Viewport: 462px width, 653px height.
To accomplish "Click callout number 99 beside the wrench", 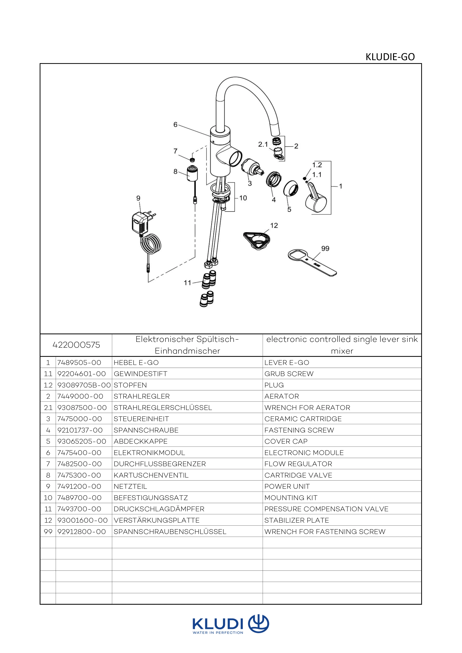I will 325,249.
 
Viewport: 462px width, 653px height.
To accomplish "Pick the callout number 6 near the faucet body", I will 175,125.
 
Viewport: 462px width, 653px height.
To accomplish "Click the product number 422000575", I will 76,345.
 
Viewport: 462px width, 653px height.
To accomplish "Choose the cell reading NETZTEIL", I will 130,486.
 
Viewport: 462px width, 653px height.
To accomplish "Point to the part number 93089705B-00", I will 84,385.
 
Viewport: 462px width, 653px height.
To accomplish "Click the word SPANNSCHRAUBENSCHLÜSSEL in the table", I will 170,532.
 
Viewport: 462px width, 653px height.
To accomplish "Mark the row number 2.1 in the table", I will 48,408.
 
